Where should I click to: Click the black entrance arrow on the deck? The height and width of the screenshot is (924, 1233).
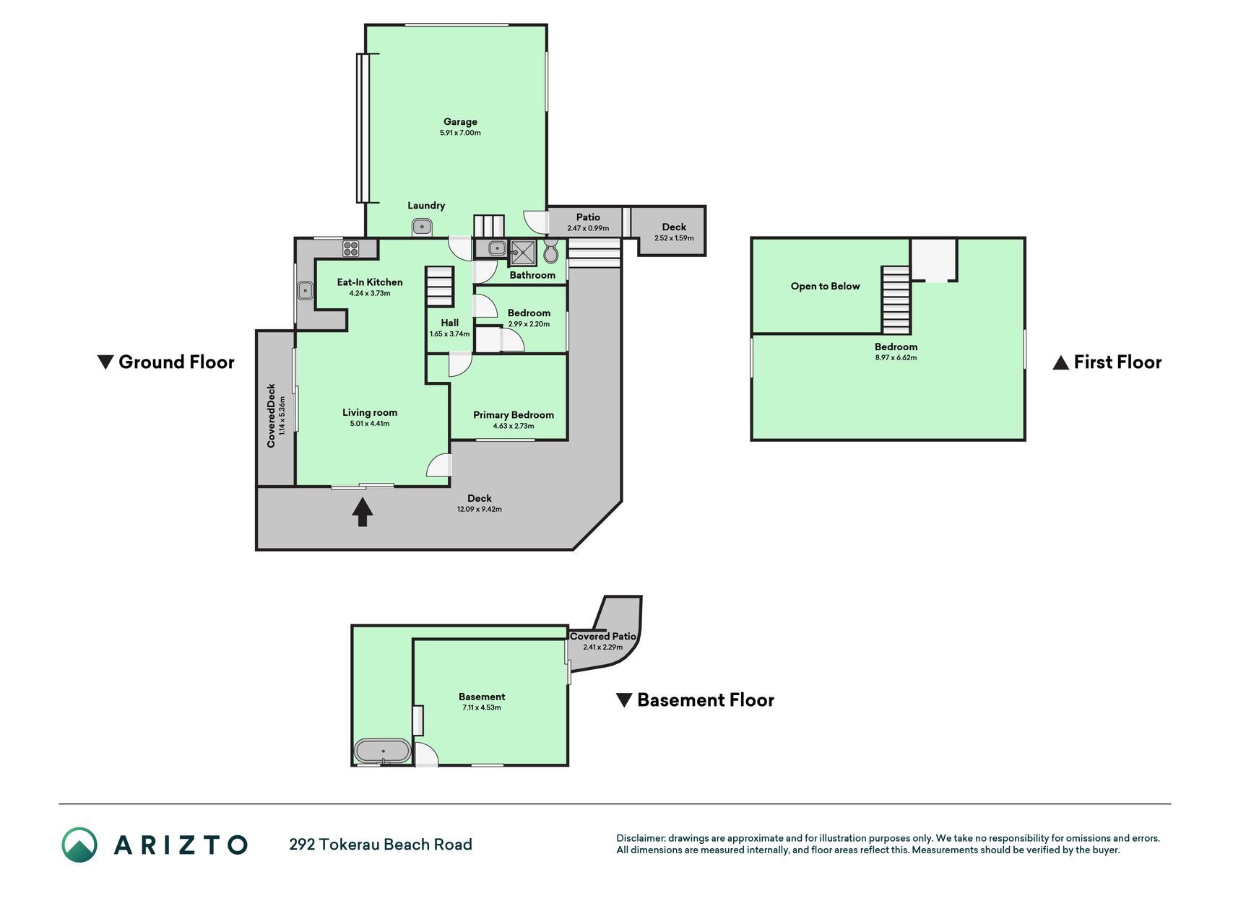[x=363, y=513]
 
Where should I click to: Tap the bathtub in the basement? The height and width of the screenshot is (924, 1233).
[x=382, y=751]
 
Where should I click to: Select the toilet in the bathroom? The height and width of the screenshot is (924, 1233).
[x=551, y=251]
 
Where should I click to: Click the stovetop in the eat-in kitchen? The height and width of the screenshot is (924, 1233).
[x=351, y=248]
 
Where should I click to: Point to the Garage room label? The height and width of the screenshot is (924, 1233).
[x=460, y=122]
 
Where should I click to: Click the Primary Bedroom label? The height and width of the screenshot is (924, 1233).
[x=514, y=415]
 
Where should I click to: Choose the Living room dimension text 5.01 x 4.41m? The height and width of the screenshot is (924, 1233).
[x=370, y=424]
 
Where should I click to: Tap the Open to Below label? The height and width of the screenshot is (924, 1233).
[x=825, y=287]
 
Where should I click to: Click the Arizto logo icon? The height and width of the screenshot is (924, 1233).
[x=79, y=845]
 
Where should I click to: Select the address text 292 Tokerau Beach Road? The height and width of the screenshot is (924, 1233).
[x=381, y=845]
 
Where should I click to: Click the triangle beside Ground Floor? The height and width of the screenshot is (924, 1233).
[x=105, y=362]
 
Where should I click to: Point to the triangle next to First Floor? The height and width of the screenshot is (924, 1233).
[x=1060, y=362]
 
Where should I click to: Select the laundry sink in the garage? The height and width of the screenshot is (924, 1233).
[x=423, y=228]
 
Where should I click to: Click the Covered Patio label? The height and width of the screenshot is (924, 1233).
[x=603, y=637]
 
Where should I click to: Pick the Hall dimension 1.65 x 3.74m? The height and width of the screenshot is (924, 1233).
[x=449, y=334]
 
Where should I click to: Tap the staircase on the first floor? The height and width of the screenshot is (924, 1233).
[x=896, y=300]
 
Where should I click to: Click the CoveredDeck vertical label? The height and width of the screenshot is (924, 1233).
[x=272, y=416]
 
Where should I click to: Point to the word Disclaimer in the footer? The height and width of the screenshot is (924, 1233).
[x=641, y=839]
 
